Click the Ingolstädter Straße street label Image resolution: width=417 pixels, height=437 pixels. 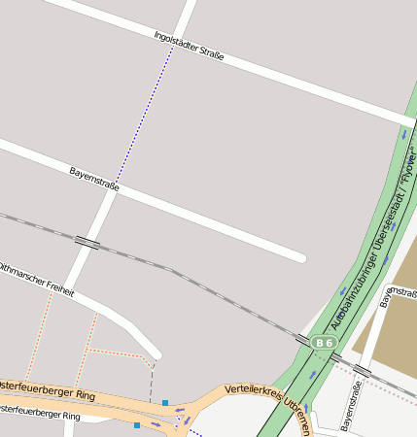pos(189,47)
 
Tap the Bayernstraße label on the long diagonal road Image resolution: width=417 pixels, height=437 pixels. pos(94,179)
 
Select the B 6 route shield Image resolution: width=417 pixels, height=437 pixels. pos(324,343)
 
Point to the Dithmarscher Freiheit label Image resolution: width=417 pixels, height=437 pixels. pos(36,279)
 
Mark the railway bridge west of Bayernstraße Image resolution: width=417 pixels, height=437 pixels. pos(87,242)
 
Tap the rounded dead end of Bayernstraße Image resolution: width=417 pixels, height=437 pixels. pos(299,257)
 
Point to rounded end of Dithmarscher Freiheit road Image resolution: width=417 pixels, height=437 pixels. pos(155,353)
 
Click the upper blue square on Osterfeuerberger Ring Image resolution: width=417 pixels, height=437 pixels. pos(165,402)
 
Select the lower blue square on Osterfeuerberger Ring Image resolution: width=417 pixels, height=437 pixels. pos(137,425)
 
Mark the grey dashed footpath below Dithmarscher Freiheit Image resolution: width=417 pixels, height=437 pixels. pos(152,379)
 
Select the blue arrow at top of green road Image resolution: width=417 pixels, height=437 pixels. pos(403,135)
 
